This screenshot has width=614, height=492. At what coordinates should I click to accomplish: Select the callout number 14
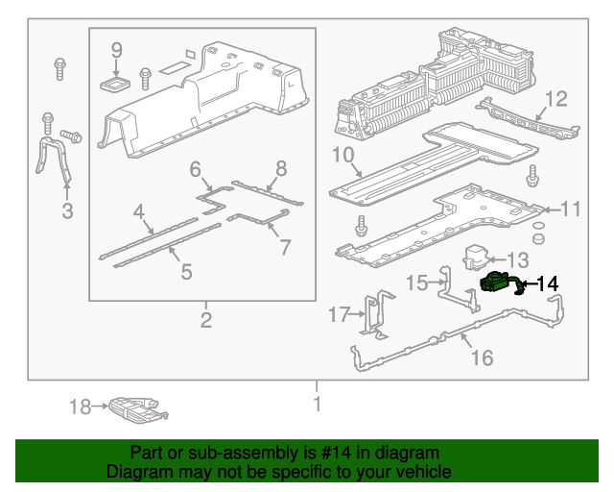click(x=546, y=283)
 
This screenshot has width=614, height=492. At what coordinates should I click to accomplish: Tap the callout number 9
click(x=116, y=49)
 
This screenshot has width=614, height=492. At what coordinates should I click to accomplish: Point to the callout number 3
click(x=67, y=211)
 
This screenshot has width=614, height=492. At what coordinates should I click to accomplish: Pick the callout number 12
click(x=556, y=98)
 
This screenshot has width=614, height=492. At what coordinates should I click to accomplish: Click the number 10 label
click(x=343, y=155)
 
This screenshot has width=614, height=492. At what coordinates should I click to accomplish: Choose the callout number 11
click(x=571, y=209)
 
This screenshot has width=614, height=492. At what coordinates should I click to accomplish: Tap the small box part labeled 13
click(x=477, y=257)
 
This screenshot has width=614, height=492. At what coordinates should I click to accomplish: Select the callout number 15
click(x=416, y=283)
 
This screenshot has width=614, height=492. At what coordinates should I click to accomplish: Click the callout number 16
click(x=482, y=357)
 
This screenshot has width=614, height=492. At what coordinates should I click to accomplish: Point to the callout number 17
click(x=340, y=314)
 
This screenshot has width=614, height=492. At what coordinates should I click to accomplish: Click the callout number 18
click(x=79, y=407)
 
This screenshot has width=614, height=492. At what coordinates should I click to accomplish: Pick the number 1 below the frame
click(x=317, y=405)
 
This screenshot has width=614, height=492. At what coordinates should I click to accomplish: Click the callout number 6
click(x=195, y=170)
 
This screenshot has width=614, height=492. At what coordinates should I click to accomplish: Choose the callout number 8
click(x=281, y=169)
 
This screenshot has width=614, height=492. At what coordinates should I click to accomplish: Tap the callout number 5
click(x=186, y=272)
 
